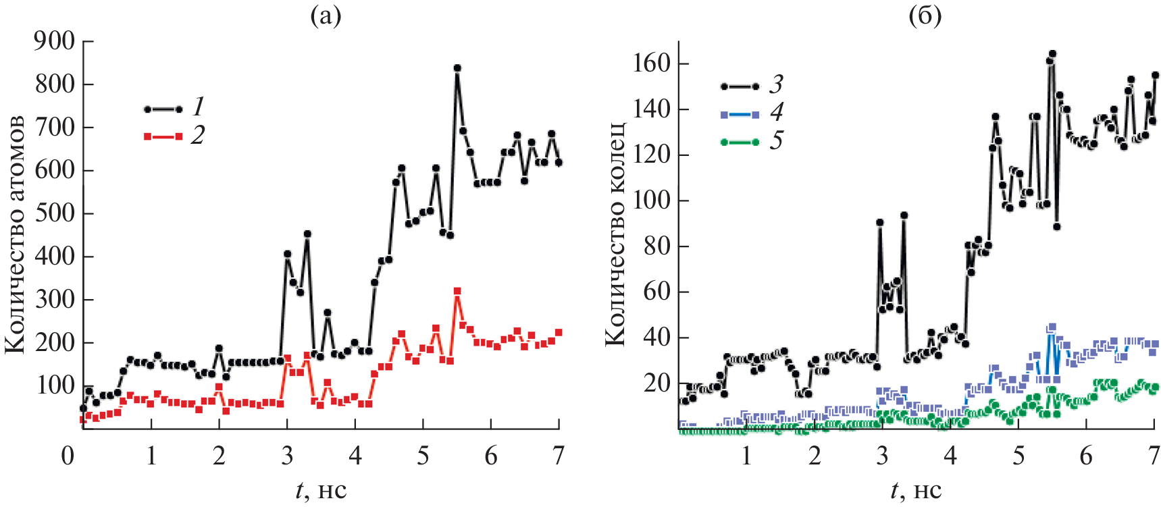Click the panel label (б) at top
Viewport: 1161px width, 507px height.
(x=925, y=16)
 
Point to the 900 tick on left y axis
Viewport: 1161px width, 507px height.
(x=55, y=41)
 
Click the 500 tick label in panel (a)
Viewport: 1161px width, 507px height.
(x=55, y=213)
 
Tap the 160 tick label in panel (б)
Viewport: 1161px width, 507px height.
(x=652, y=63)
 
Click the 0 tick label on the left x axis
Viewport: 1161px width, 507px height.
(x=68, y=456)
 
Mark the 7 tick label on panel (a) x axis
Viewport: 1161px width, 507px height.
(x=558, y=456)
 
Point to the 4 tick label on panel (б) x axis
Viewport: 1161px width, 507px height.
(x=950, y=456)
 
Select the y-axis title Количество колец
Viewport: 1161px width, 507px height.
(x=615, y=234)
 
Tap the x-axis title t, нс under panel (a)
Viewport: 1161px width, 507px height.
(x=321, y=489)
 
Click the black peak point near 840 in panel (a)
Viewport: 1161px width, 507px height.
(x=457, y=68)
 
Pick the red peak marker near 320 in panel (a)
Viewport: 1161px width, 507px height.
(x=457, y=291)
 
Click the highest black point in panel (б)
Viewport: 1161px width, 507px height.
(x=1052, y=53)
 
